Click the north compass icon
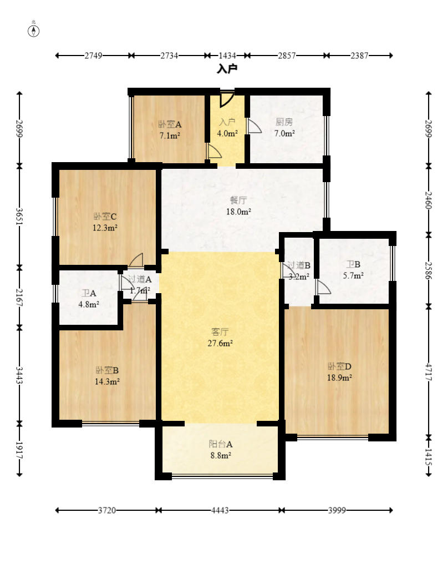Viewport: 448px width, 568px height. point(34,31)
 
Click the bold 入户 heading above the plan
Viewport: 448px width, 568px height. point(227,68)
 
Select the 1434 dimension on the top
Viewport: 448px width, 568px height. point(227,56)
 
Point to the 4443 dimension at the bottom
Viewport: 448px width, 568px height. point(220,510)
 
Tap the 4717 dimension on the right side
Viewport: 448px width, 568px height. point(429,371)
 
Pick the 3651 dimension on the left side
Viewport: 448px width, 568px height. point(19,216)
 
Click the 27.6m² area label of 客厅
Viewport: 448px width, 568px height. point(220,343)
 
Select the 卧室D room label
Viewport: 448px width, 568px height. point(339,366)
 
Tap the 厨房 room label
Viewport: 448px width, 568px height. point(284,122)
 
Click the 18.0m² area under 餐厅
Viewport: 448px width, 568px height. point(239,212)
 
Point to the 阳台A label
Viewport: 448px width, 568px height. point(221,444)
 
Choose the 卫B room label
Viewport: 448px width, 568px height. point(353,264)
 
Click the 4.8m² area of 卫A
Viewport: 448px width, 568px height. point(89,304)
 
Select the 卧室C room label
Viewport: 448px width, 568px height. point(105,217)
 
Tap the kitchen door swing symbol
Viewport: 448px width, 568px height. point(254,125)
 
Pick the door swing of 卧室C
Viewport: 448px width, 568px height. point(136,260)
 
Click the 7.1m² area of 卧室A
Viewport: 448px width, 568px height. point(170,136)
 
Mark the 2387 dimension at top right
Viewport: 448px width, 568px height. point(359,56)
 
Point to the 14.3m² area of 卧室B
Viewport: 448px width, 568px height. point(107,381)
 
